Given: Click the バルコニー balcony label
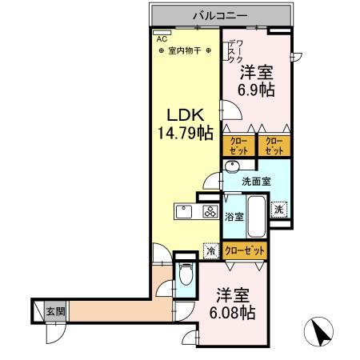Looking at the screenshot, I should pos(220,15).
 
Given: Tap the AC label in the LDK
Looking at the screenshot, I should pos(161,38).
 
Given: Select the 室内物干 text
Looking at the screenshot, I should pos(186,51).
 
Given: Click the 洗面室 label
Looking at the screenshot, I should pos(257,181).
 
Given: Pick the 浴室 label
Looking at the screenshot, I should pos(233,216).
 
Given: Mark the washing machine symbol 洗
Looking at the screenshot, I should pos(278,209).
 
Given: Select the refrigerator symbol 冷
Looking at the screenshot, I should pos(211,250).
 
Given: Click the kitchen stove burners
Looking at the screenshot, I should pos(210,213).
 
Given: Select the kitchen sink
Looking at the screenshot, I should pos(182,213).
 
